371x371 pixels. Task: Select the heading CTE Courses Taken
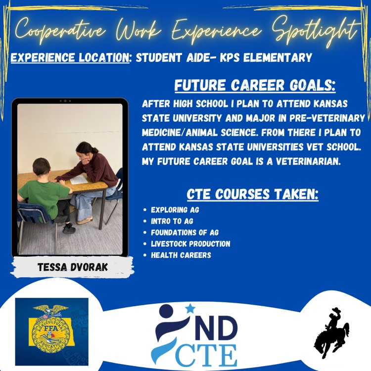252,194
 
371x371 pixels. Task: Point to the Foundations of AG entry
185,232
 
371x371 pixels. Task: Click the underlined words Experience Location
70,58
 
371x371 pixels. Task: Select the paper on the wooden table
79,180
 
